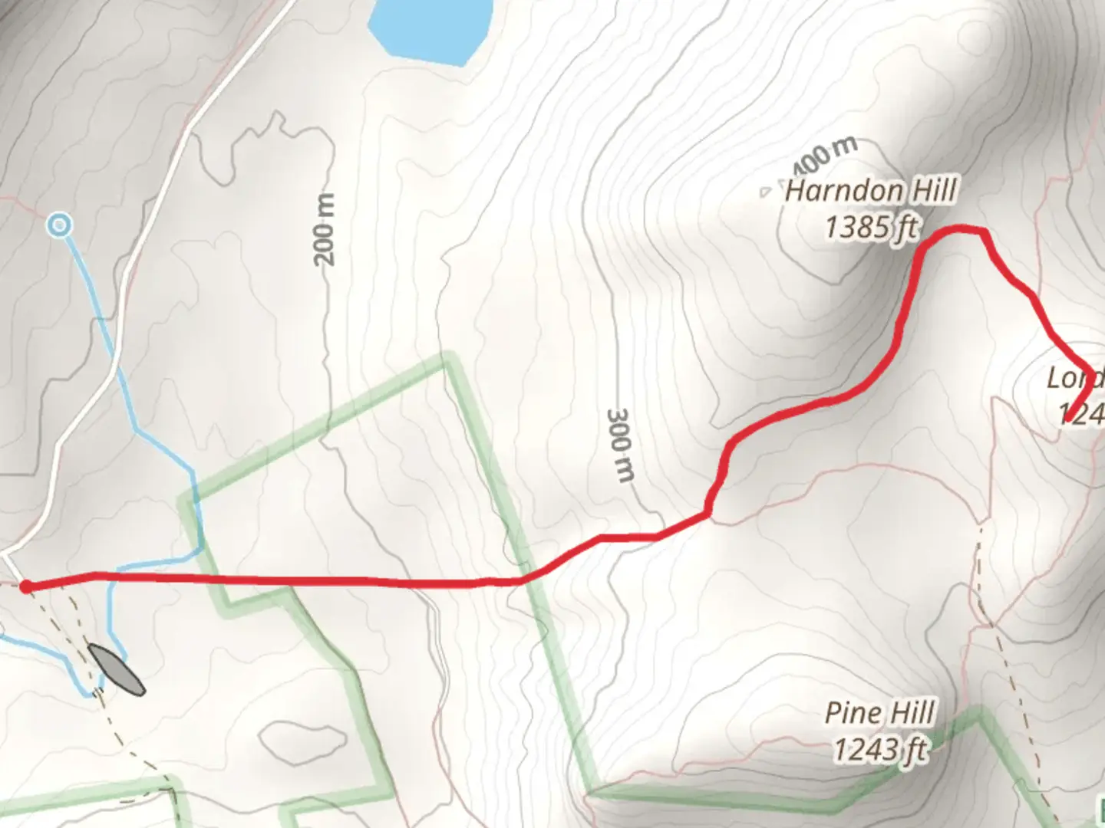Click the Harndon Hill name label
871,190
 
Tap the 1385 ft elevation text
871,227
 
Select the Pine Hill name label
879,713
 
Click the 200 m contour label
325,230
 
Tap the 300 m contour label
621,445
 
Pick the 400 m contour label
823,156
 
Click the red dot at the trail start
25,587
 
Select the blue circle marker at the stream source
59,225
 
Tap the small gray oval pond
116,669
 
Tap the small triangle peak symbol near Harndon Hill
765,192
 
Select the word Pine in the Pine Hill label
853,713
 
